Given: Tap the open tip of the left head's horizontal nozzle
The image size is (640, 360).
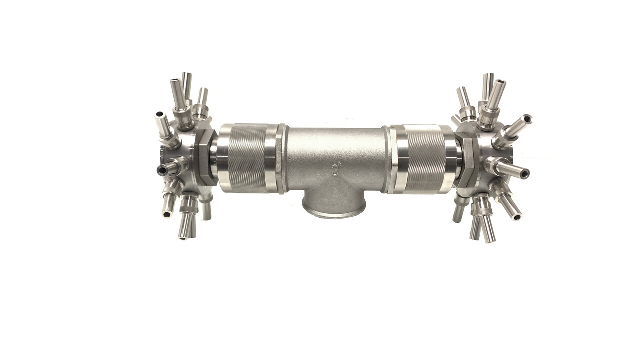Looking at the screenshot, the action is click(x=161, y=170).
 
